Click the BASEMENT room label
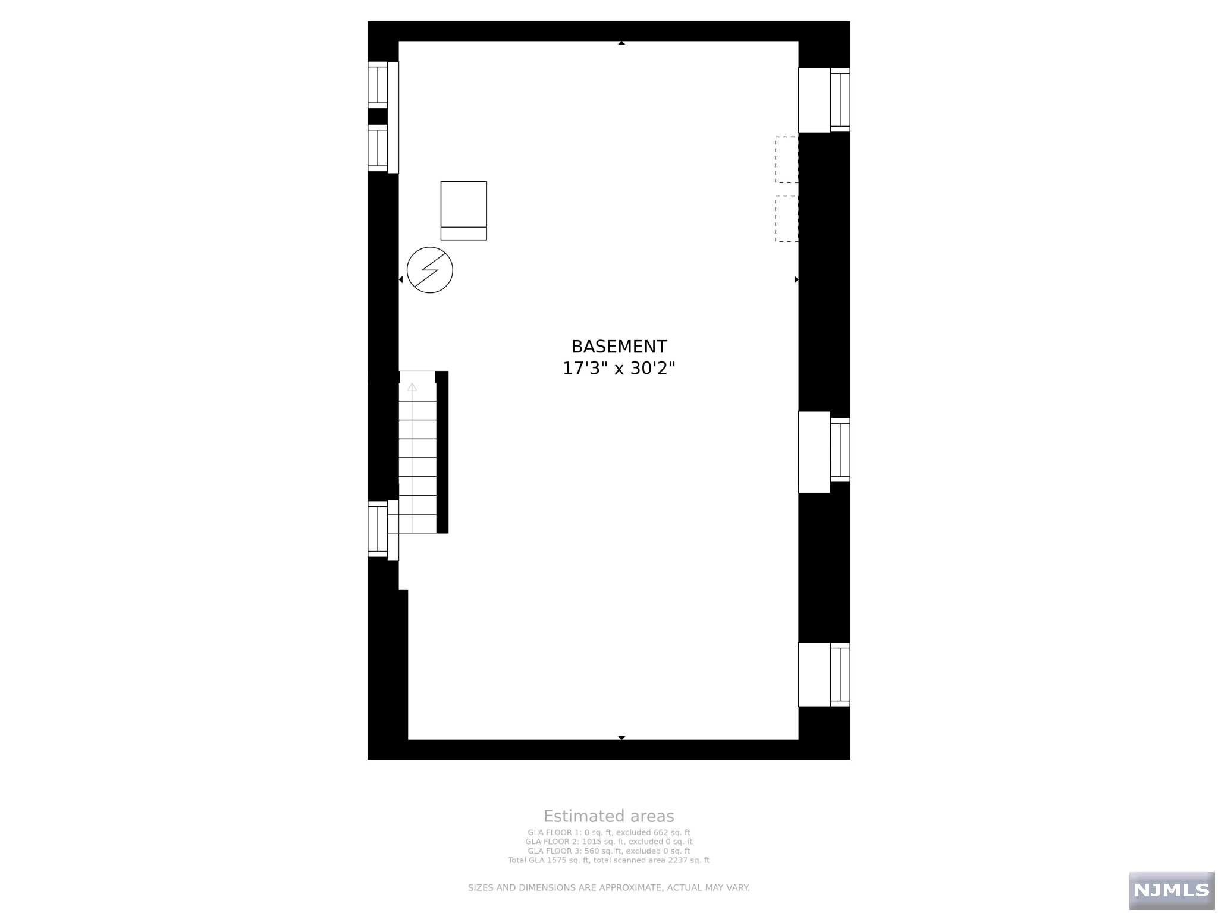coord(619,347)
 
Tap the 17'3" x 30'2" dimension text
coord(619,369)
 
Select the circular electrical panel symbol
coord(429,270)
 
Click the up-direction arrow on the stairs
coord(412,388)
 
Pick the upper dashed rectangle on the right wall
coord(786,159)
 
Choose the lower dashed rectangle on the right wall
coord(786,218)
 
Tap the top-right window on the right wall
coord(840,100)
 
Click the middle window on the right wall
coord(840,450)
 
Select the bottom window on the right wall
coord(840,675)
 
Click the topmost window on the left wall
coord(377,85)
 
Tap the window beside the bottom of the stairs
coord(377,529)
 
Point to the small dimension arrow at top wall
coord(621,43)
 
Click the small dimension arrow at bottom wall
coord(621,738)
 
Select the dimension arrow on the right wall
coord(796,279)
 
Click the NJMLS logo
coord(1171,890)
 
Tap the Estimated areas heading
coord(608,816)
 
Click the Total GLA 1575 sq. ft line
coord(608,860)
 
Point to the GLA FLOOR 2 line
coord(608,842)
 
